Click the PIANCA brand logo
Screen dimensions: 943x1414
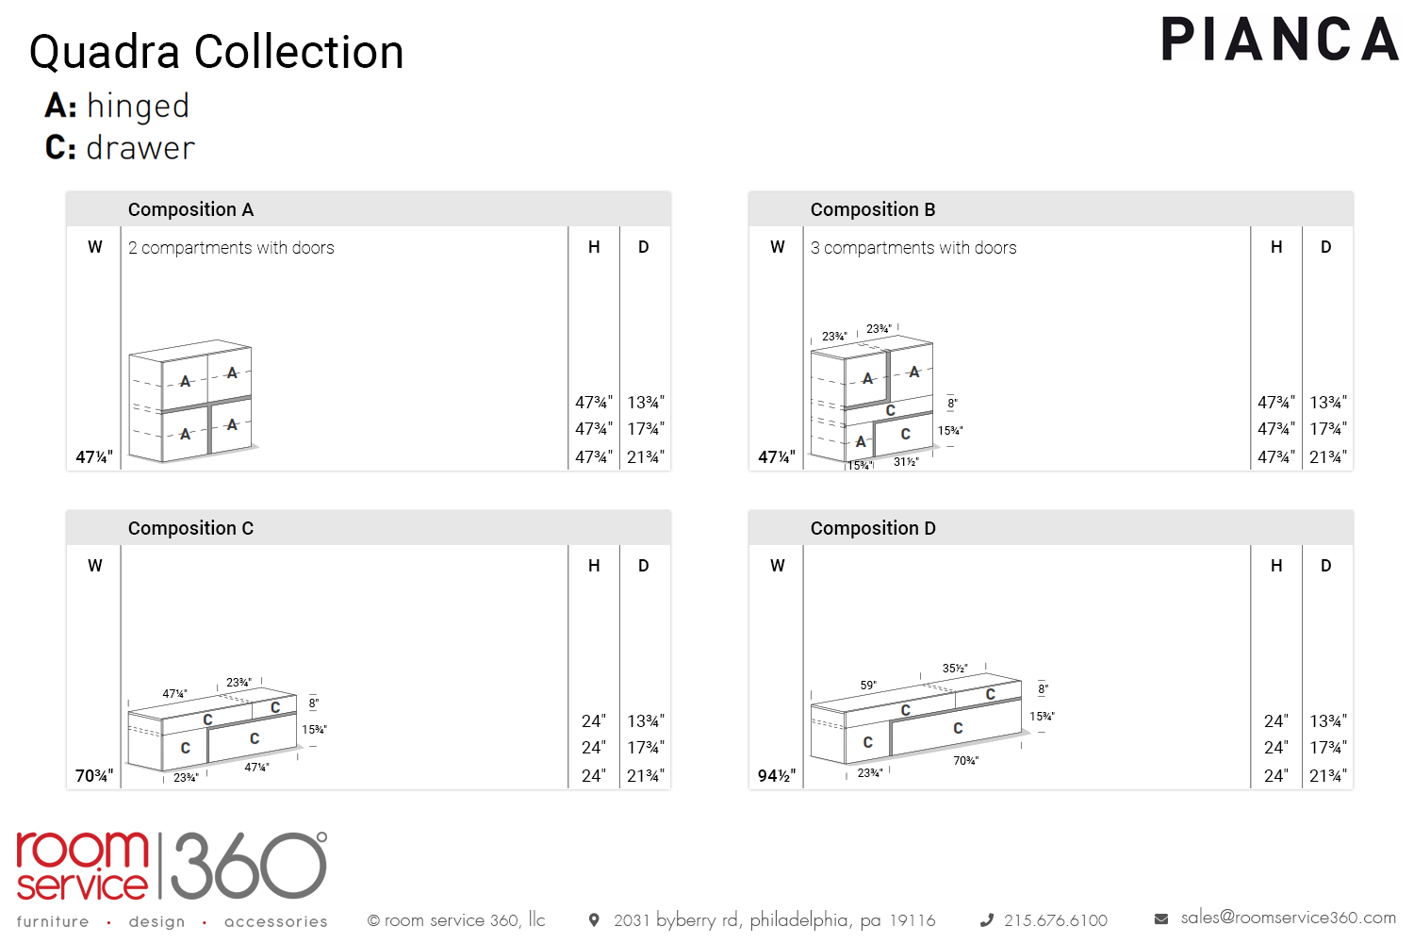pos(1279,40)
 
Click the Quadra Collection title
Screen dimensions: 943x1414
pos(217,52)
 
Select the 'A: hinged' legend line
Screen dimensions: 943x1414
pos(118,106)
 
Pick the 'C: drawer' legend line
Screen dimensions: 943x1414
pos(120,148)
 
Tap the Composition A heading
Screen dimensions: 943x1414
pos(190,209)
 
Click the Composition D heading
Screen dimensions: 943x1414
pos(873,528)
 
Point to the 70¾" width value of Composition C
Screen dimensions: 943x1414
pos(94,776)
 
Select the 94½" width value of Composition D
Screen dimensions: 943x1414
pos(777,776)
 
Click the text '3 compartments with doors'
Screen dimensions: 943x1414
pos(913,248)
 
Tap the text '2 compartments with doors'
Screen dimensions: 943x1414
pos(231,248)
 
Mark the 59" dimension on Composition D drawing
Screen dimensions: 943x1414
pos(868,686)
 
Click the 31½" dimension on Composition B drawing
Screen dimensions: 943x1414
pos(906,462)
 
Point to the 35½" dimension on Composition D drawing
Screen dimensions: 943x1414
pos(955,669)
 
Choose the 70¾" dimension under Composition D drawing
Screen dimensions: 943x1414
pos(965,761)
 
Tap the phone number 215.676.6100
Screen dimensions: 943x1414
pos(1055,920)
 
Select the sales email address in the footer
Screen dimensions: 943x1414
pos(1288,918)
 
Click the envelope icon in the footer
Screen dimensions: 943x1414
pos(1161,918)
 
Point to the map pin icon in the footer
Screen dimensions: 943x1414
pos(594,919)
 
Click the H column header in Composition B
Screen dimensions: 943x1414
pos(1276,247)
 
